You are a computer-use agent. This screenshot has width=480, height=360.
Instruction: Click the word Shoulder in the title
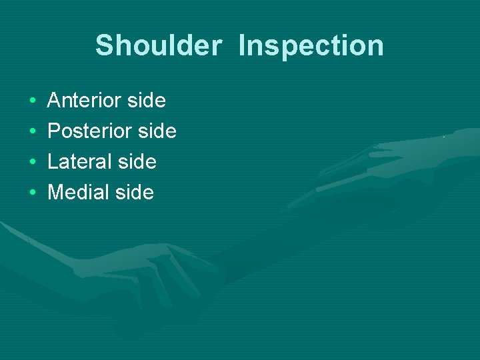click(158, 46)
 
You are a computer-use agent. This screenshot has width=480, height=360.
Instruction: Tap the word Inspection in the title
click(311, 46)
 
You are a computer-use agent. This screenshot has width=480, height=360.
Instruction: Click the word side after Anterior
click(147, 101)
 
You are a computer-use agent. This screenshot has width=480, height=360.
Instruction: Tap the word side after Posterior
click(157, 131)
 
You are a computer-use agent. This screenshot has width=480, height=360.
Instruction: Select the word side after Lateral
click(137, 162)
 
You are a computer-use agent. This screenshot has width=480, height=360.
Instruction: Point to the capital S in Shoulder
click(104, 46)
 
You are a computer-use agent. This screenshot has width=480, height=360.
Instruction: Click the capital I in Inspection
click(242, 46)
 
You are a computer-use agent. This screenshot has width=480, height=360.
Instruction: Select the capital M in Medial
click(57, 193)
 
